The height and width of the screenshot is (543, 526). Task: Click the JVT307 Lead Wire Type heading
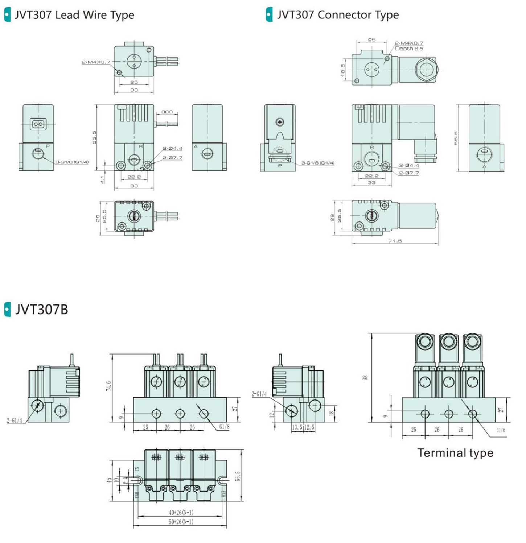click(x=74, y=15)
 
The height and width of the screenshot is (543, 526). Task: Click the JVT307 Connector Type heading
click(x=338, y=15)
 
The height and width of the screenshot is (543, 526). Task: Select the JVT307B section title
click(x=41, y=310)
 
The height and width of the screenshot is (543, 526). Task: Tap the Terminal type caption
click(x=455, y=453)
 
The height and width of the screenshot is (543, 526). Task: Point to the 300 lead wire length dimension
click(x=167, y=112)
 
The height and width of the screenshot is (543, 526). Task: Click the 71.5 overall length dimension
click(x=395, y=241)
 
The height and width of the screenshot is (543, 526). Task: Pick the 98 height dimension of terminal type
click(x=365, y=377)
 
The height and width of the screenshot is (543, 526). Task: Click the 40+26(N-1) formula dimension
click(x=181, y=512)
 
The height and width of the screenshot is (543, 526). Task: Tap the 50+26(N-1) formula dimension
click(x=181, y=522)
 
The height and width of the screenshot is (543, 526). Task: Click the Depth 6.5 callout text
click(x=409, y=49)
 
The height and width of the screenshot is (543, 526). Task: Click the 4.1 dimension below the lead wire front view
click(x=103, y=179)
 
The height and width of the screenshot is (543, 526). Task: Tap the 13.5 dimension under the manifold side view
click(x=297, y=427)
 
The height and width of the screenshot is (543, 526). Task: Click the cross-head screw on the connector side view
click(x=280, y=122)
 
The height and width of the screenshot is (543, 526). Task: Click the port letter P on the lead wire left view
click(x=48, y=146)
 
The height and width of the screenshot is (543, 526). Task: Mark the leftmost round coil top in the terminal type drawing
click(x=424, y=341)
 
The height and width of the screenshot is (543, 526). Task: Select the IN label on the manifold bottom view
click(x=137, y=469)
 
